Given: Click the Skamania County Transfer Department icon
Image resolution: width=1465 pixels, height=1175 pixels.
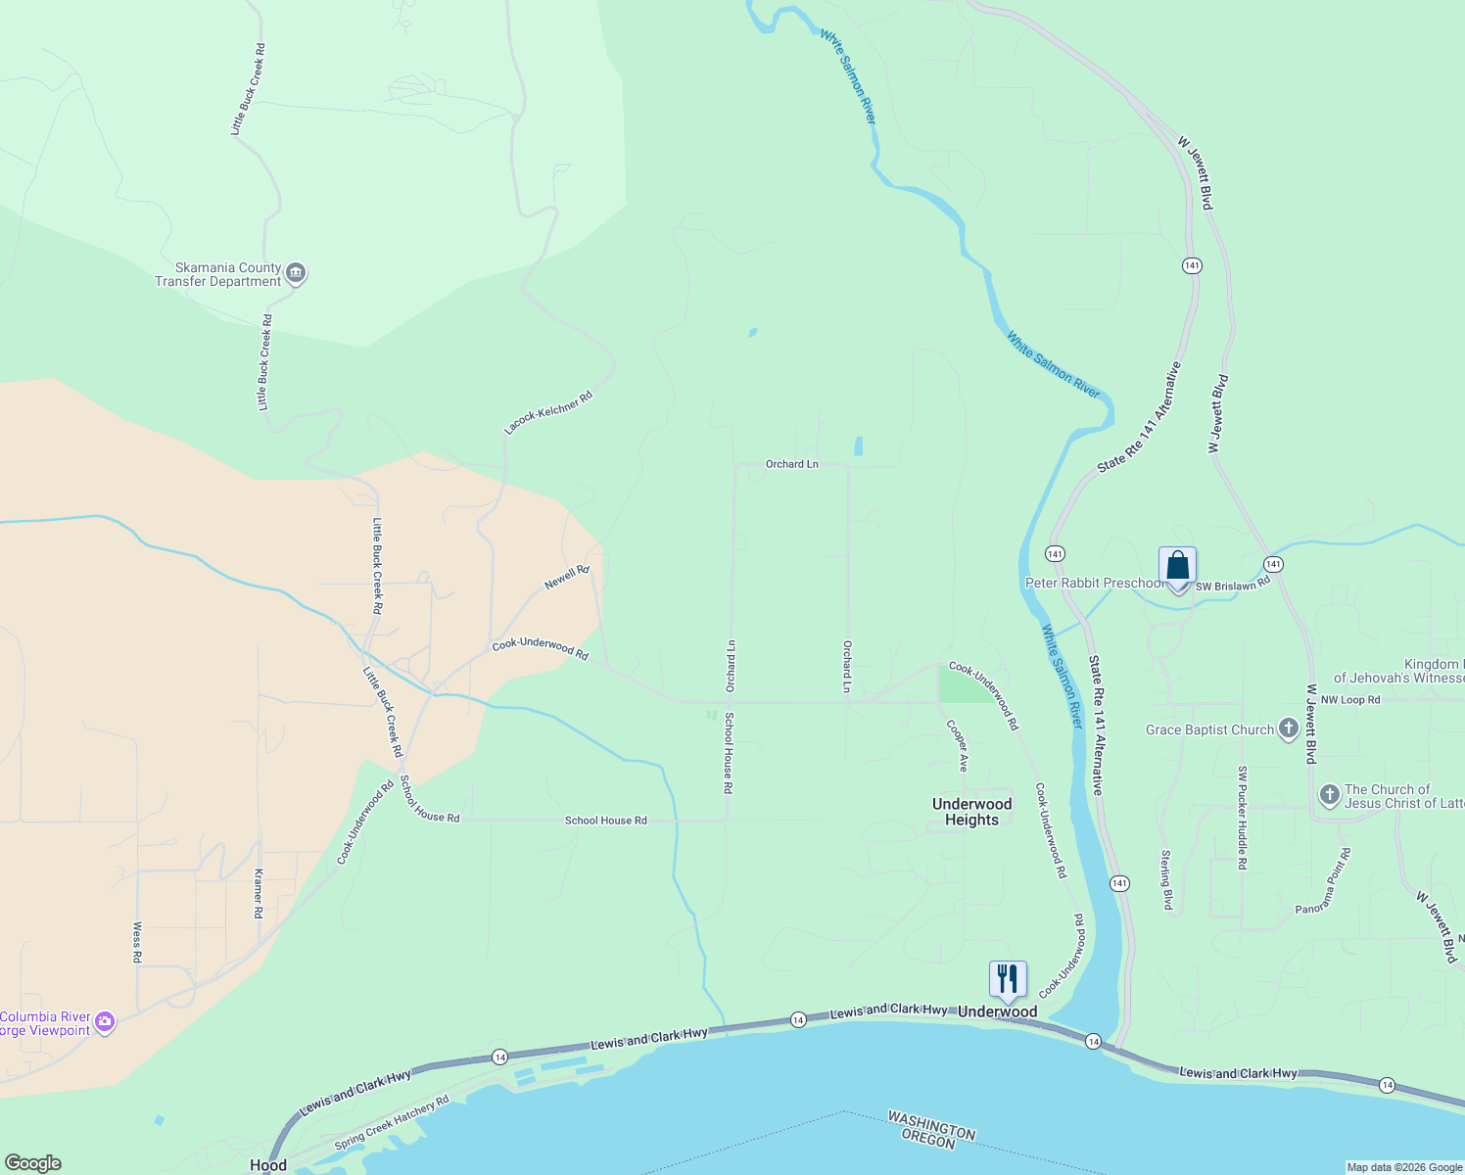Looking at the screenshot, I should pos(297,274).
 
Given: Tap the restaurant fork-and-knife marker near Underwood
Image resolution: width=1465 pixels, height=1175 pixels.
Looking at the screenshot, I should pos(1008,978).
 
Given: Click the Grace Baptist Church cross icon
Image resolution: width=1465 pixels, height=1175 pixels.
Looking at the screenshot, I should pos(1289,728).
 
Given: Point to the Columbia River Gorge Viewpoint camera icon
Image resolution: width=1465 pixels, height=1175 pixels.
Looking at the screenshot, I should pos(105,1023).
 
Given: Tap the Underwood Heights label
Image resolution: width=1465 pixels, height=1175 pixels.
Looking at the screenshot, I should pos(971,812).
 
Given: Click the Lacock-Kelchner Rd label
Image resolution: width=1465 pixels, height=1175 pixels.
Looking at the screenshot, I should pos(548,413).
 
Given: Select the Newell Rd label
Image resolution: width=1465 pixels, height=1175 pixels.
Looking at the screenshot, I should pos(567,578).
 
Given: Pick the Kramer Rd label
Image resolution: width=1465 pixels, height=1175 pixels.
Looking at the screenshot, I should pos(259,892).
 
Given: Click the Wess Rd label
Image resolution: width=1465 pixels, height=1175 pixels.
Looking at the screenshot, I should pos(137,942).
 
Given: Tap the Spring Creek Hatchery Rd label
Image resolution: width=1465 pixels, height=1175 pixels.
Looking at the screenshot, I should pos(392,1123).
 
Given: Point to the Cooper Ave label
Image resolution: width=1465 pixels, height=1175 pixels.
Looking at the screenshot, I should pos(956,746).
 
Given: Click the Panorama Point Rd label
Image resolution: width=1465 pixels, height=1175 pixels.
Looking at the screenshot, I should pos(1323,881).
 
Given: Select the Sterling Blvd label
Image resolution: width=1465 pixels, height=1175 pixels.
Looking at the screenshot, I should pos(1166,879).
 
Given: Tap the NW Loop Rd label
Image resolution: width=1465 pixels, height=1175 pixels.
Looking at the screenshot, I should pos(1349,700).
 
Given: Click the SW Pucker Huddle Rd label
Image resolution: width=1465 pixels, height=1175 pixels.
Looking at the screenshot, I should pos(1242,818).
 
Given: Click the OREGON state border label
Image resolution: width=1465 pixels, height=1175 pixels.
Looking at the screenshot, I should pos(927,1141).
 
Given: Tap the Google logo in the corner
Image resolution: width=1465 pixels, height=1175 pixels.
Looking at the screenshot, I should pos(33,1163).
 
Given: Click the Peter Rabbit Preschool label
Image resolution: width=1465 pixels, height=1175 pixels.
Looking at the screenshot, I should pos(1094,583).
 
